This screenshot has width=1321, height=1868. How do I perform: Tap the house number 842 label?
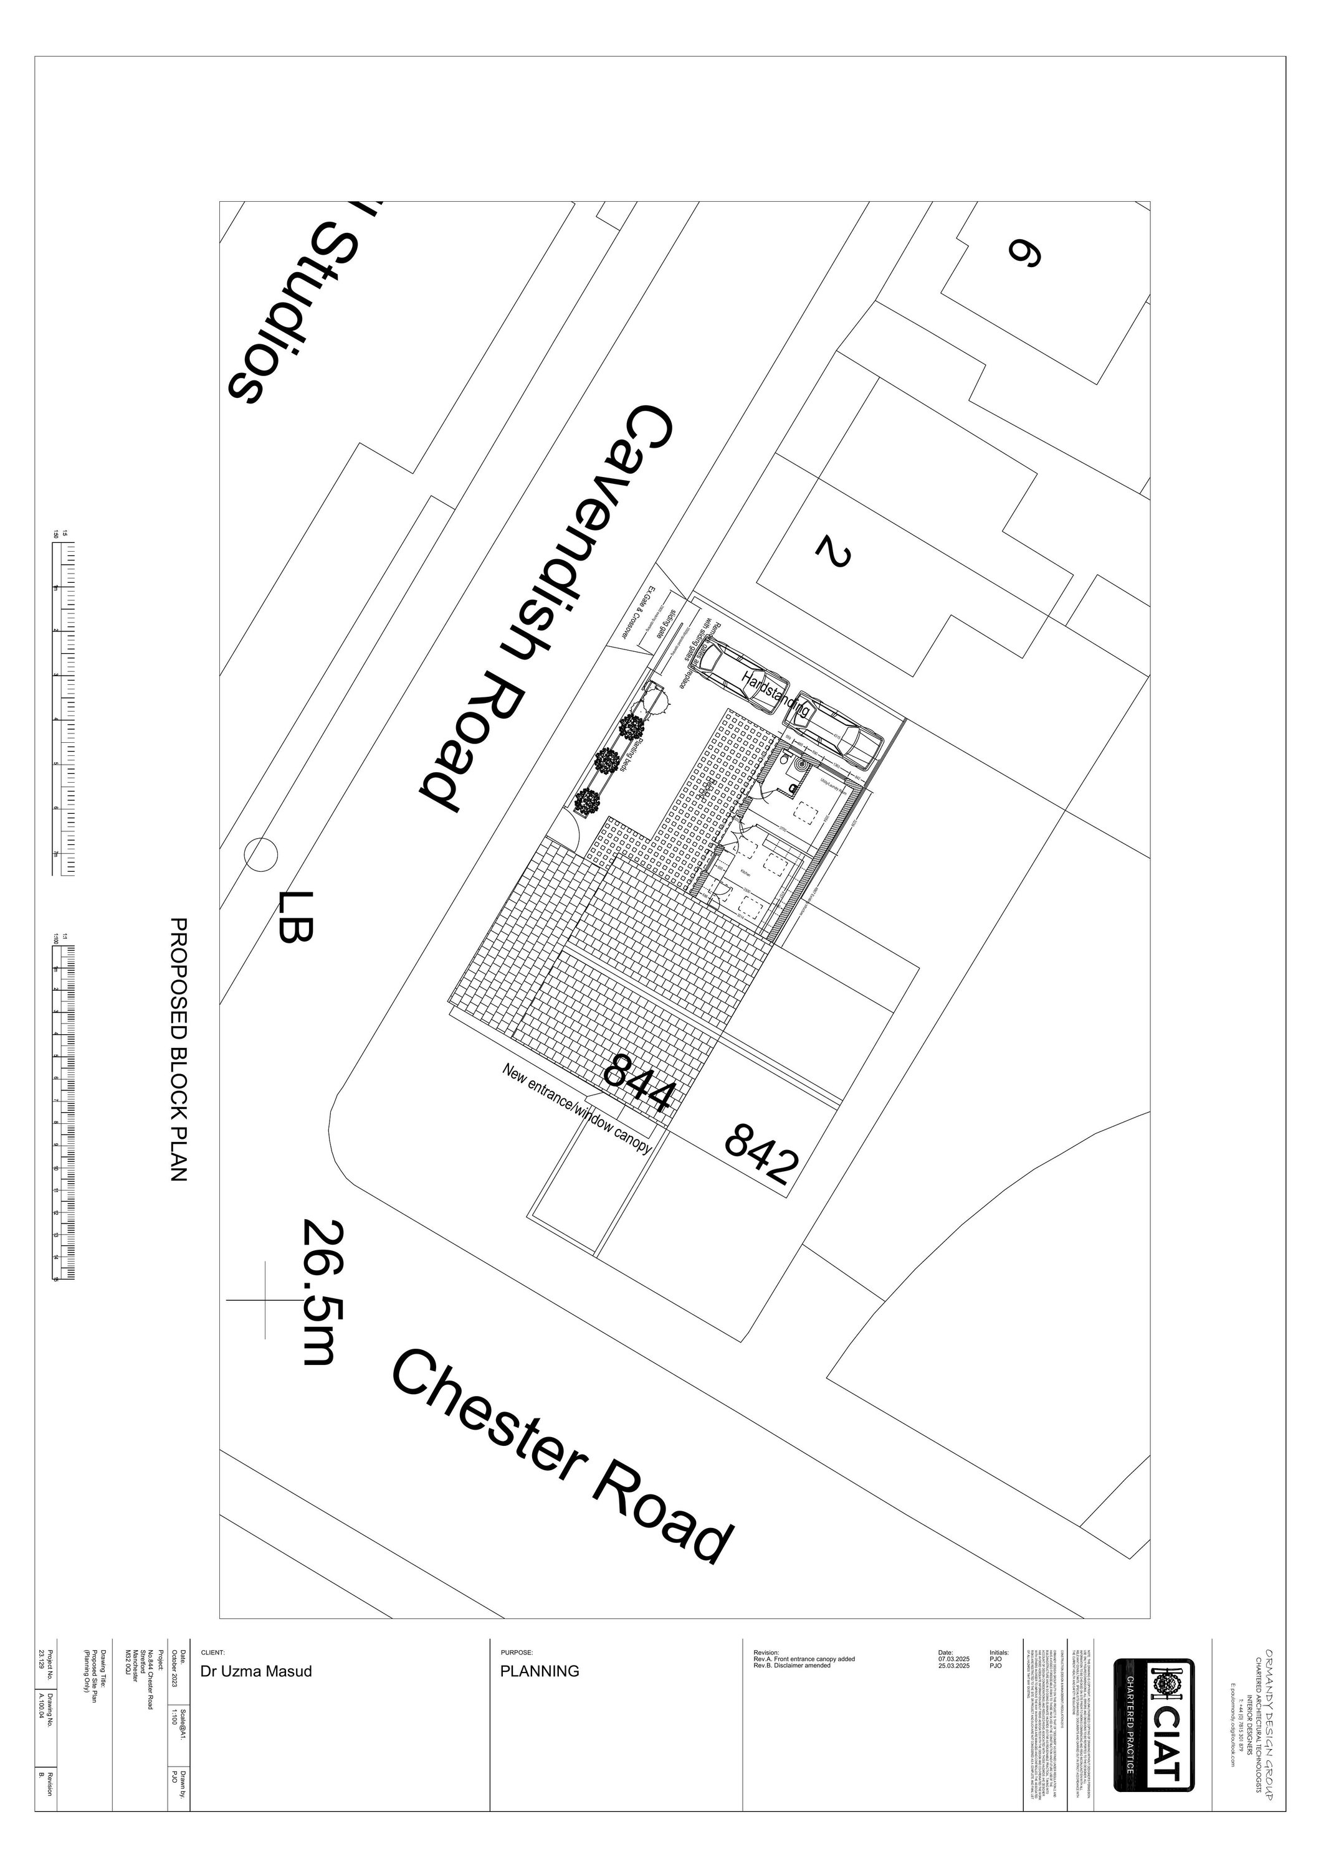pos(758,1154)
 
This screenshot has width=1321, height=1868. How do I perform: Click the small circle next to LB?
pos(260,855)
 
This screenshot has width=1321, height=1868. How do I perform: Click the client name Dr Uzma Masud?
pos(255,1671)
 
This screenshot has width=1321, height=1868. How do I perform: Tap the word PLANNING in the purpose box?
pos(540,1671)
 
